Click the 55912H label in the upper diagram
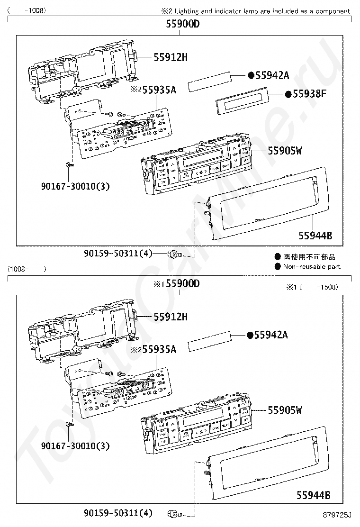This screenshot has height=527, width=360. point(171,58)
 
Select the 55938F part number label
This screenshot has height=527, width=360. point(309,94)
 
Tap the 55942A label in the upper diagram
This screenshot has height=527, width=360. point(272,75)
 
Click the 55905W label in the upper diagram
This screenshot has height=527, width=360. point(285,151)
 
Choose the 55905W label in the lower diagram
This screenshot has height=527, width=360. point(285,410)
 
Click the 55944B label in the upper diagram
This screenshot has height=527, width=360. point(315,236)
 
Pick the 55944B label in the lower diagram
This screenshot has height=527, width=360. point(313,496)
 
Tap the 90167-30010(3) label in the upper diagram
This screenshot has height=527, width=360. point(75,186)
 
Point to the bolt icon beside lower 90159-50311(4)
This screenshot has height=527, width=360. point(175,513)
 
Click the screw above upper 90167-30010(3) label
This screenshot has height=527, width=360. point(69,165)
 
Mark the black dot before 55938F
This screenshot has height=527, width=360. point(288,94)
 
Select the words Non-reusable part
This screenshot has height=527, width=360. point(311,267)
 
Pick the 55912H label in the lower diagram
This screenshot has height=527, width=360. point(171,317)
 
